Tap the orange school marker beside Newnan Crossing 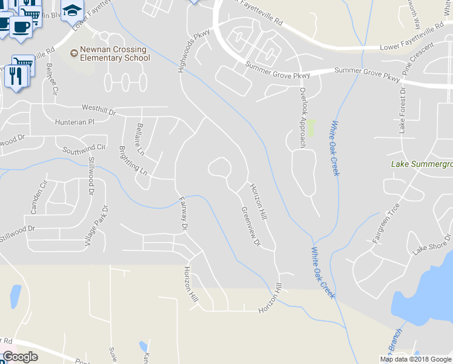[74, 53]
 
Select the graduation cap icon [72, 10]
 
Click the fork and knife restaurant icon [16, 76]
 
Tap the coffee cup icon [21, 27]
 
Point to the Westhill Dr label [99, 111]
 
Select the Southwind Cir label [84, 147]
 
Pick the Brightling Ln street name [133, 160]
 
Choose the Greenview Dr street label [250, 227]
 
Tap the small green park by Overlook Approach [311, 127]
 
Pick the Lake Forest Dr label [402, 109]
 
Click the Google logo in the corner [20, 357]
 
